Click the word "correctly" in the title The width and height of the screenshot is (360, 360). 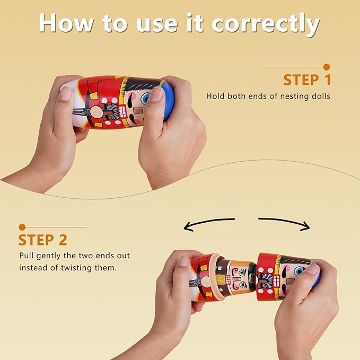pyautogui.click(x=266, y=24)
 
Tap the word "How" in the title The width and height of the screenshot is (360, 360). pyautogui.click(x=66, y=23)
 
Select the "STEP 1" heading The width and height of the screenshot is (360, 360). pyautogui.click(x=307, y=80)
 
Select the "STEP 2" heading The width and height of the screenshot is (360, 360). pyautogui.click(x=43, y=240)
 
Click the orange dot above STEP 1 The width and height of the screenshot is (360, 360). pyautogui.click(x=327, y=67)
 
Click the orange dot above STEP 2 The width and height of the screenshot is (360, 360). pyautogui.click(x=22, y=227)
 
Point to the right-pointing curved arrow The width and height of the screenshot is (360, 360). pyautogui.click(x=284, y=223)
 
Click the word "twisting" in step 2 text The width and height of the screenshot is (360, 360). pyautogui.click(x=76, y=268)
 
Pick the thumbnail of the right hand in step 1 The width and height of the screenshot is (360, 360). pyautogui.click(x=156, y=94)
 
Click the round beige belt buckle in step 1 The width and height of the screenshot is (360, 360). pyautogui.click(x=96, y=112)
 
